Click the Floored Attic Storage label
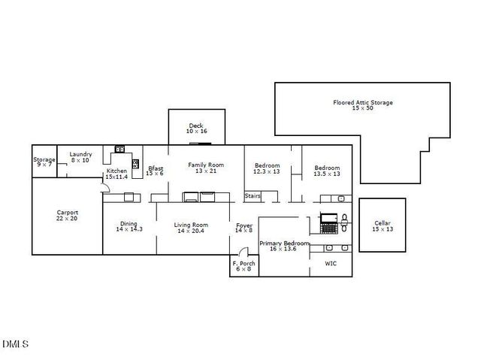click(363, 102)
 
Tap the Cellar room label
click(383, 223)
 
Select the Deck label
click(196, 126)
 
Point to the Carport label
click(67, 213)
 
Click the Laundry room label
click(81, 154)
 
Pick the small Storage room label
click(44, 159)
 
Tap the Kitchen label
click(116, 171)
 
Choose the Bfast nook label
click(156, 168)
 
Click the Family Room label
click(205, 165)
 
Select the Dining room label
click(129, 223)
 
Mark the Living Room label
click(191, 225)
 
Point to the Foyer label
click(244, 225)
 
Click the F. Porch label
click(244, 263)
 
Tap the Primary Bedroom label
click(283, 244)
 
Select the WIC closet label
click(331, 264)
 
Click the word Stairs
click(253, 196)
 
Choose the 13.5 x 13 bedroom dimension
click(327, 174)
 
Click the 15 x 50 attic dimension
click(362, 108)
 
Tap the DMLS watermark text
click(15, 344)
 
